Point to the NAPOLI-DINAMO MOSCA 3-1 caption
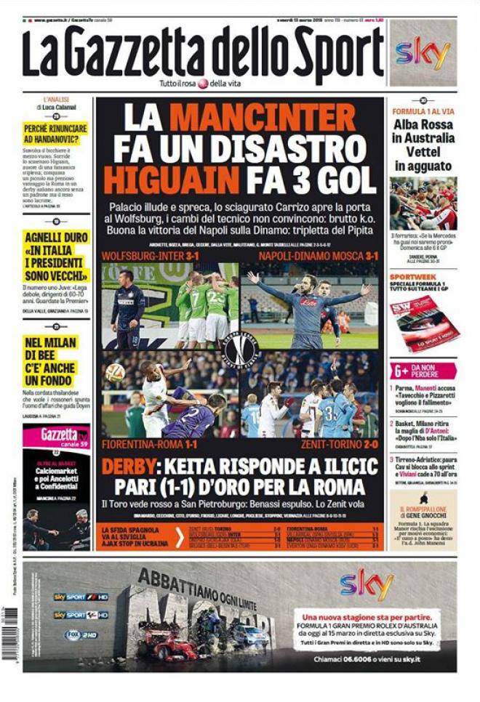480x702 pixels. coord(318,257)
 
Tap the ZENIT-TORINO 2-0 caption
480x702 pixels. coord(339,443)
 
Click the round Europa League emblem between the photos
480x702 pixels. coord(241,350)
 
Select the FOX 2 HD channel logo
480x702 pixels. coord(80,634)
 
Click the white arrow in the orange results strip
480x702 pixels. coord(179,537)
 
